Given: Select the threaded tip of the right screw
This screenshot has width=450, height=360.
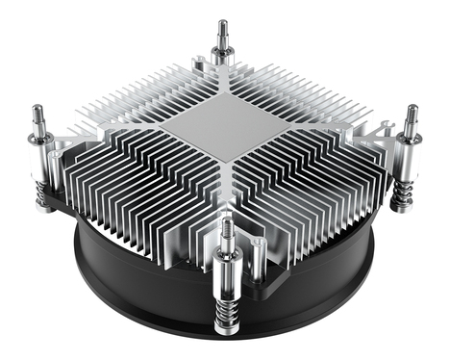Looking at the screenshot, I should tap(411, 116).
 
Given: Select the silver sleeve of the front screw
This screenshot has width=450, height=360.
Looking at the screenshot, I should tap(228, 270).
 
